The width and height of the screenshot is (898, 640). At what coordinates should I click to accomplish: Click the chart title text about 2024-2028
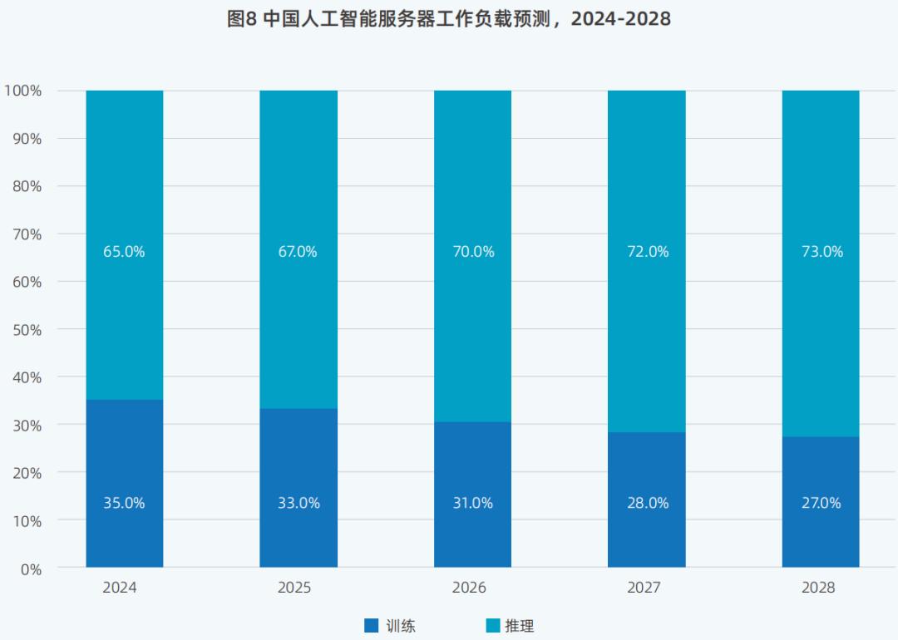(449, 19)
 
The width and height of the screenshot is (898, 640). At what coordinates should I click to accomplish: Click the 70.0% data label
(473, 251)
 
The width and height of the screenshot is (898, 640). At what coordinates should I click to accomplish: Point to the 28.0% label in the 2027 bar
(648, 503)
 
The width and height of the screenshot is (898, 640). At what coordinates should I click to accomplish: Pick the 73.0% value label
(822, 251)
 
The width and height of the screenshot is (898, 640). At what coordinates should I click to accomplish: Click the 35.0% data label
(124, 503)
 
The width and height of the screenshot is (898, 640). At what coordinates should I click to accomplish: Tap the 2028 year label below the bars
(818, 588)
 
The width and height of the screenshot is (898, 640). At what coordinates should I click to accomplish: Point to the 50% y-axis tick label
(27, 330)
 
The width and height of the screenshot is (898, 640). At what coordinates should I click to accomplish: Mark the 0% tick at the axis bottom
(30, 569)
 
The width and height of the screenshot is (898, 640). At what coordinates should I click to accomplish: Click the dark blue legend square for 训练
(371, 625)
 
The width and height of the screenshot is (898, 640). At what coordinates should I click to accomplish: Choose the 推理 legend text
(520, 626)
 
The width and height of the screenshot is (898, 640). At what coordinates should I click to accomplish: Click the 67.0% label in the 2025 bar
(298, 251)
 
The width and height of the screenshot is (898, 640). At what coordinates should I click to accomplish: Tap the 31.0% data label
(473, 503)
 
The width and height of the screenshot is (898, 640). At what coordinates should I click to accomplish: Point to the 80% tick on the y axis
(27, 186)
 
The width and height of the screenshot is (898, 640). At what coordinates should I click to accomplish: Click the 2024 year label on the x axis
(120, 588)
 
